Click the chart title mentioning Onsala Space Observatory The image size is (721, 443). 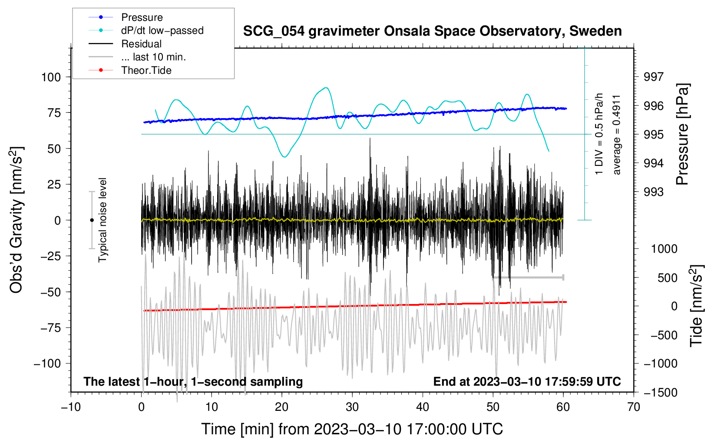pyautogui.click(x=432, y=31)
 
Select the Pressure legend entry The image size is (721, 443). pyautogui.click(x=142, y=17)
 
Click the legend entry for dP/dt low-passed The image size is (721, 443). pyautogui.click(x=162, y=30)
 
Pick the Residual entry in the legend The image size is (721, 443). pyautogui.click(x=141, y=44)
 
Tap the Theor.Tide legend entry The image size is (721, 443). pyautogui.click(x=146, y=70)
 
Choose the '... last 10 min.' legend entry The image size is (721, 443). pyautogui.click(x=153, y=57)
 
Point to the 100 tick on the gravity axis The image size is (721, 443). pyautogui.click(x=51, y=77)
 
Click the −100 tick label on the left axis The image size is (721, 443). pyautogui.click(x=47, y=364)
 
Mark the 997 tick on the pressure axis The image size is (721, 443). pyautogui.click(x=654, y=77)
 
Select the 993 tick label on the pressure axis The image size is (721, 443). pyautogui.click(x=654, y=192)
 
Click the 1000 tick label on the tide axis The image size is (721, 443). pyautogui.click(x=664, y=249)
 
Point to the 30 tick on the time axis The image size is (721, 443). pyautogui.click(x=352, y=407)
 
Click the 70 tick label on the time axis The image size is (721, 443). pyautogui.click(x=634, y=407)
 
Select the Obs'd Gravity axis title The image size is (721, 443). pyautogui.click(x=17, y=220)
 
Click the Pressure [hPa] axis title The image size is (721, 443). pyautogui.click(x=682, y=134)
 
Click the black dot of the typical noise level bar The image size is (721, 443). pyautogui.click(x=92, y=220)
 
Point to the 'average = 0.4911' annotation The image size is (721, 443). pyautogui.click(x=617, y=135)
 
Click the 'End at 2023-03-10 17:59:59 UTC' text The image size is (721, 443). pyautogui.click(x=527, y=382)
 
